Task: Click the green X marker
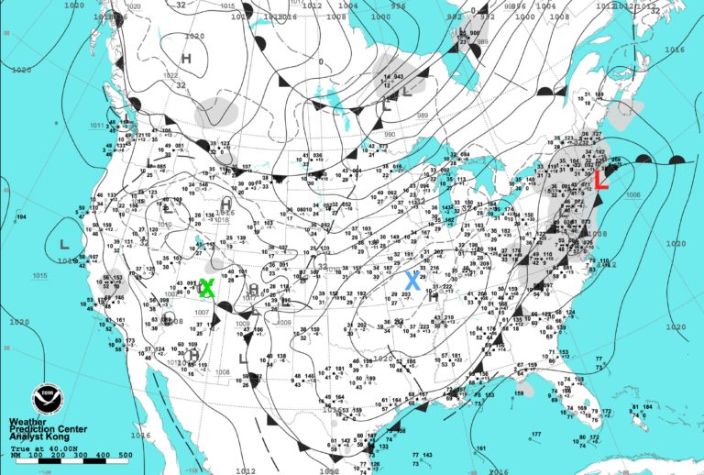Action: coord(206,288)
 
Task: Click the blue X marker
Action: coord(413,282)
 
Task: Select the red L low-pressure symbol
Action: coord(601,179)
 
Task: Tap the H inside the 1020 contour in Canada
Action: coord(186,58)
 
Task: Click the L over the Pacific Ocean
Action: coord(64,245)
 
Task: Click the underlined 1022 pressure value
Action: coord(170,75)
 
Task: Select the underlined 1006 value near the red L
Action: coord(632,195)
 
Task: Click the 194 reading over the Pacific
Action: coord(21,216)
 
